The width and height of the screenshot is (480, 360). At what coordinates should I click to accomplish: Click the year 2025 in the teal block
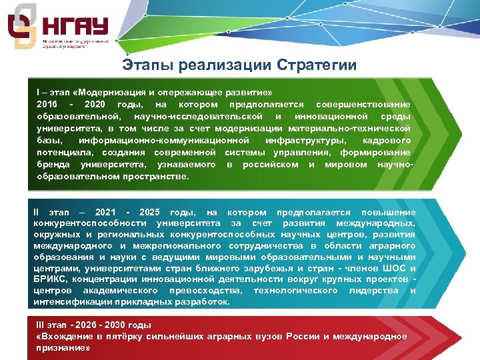point(147,211)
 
